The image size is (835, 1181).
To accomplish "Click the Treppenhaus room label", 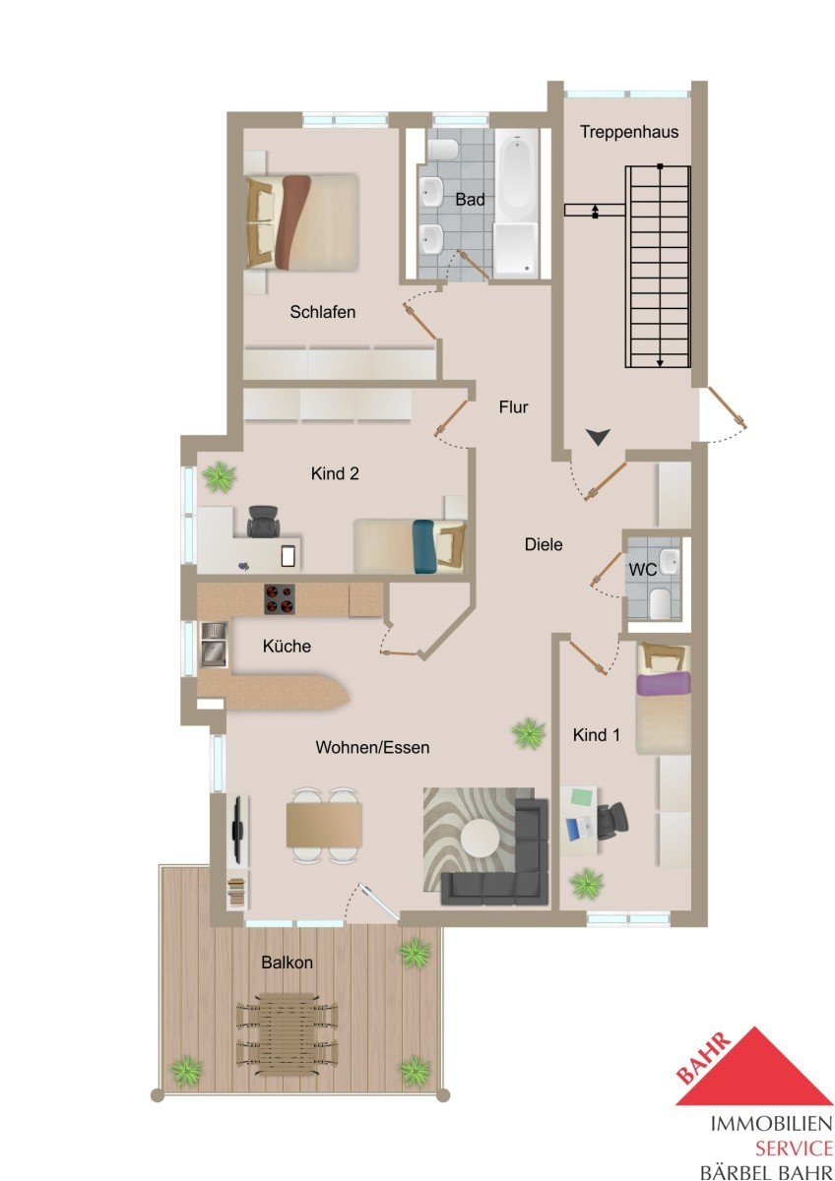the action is [629, 132].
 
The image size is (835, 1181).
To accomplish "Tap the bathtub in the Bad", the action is [516, 177].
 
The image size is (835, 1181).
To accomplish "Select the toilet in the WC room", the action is [660, 602].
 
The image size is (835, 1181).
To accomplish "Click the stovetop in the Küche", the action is [279, 599].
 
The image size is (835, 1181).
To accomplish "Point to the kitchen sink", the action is [213, 645].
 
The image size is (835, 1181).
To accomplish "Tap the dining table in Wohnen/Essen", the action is [324, 825].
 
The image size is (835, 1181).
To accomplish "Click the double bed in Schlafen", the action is [302, 222].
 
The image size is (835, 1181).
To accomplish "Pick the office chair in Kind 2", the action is [263, 521].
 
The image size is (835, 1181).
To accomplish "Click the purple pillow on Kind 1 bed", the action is [663, 683].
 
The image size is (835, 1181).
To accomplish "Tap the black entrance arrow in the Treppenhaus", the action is [598, 437].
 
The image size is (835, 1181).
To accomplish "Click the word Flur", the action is [513, 407].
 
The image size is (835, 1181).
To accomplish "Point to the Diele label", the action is [544, 544].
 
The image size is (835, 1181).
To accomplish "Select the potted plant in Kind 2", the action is [218, 476].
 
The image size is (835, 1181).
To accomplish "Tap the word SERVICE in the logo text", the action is [795, 1148].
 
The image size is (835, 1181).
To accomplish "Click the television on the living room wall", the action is [238, 829].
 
